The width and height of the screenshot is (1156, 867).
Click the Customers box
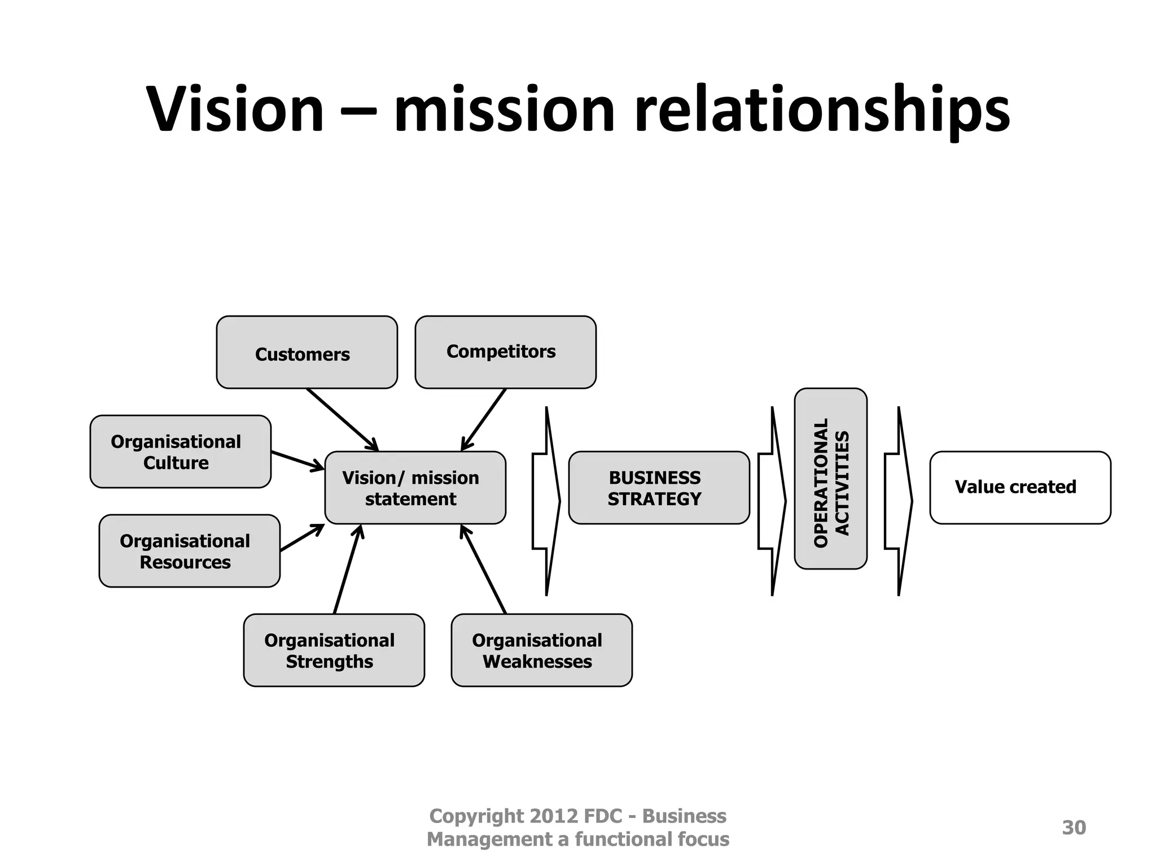pos(306,352)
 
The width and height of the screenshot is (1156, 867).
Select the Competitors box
pos(505,352)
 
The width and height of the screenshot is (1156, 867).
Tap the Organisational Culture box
pos(180,452)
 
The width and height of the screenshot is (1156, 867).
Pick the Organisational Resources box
pos(189,551)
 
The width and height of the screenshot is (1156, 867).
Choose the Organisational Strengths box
pos(334,650)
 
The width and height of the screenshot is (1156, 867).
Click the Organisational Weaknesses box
pos(541,650)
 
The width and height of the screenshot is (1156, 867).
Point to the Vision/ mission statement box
pos(415,488)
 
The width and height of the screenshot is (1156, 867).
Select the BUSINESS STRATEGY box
pos(659,488)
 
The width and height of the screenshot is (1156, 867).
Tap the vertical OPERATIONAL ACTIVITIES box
pos(830,479)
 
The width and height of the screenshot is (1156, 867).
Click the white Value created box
pos(1020,488)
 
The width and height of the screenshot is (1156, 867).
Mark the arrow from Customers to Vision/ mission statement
pos(342,419)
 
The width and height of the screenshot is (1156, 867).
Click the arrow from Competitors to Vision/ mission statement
pos(484,419)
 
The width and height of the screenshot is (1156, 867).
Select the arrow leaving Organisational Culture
pos(297,461)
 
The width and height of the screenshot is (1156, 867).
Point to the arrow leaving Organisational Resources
pos(302,538)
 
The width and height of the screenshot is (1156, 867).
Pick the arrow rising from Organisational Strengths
pos(348,569)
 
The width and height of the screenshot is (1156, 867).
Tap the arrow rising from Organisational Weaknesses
pos(483,569)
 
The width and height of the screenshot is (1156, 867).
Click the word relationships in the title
pos(822,111)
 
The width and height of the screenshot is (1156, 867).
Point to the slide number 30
pos(1074,827)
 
